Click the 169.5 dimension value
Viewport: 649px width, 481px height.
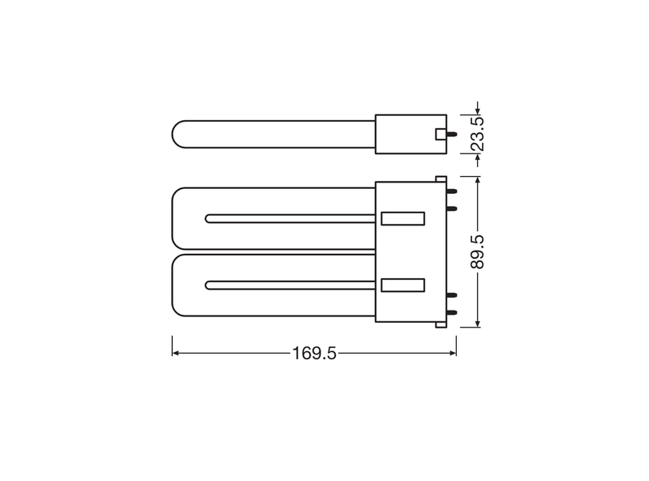pyautogui.click(x=314, y=354)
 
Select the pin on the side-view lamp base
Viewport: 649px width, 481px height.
pyautogui.click(x=452, y=134)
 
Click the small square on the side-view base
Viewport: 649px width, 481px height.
pyautogui.click(x=441, y=134)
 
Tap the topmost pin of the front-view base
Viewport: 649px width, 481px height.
pyautogui.click(x=452, y=191)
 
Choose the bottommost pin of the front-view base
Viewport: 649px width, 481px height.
pyautogui.click(x=452, y=312)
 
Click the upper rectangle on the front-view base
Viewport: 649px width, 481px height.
pyautogui.click(x=403, y=218)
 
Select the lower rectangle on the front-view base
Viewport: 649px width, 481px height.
pyautogui.click(x=403, y=285)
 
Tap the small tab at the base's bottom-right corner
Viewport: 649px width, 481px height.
pyautogui.click(x=441, y=325)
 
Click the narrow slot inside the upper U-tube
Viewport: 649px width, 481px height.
pyautogui.click(x=292, y=218)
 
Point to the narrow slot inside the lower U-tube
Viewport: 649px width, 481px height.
pyautogui.click(x=292, y=285)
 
